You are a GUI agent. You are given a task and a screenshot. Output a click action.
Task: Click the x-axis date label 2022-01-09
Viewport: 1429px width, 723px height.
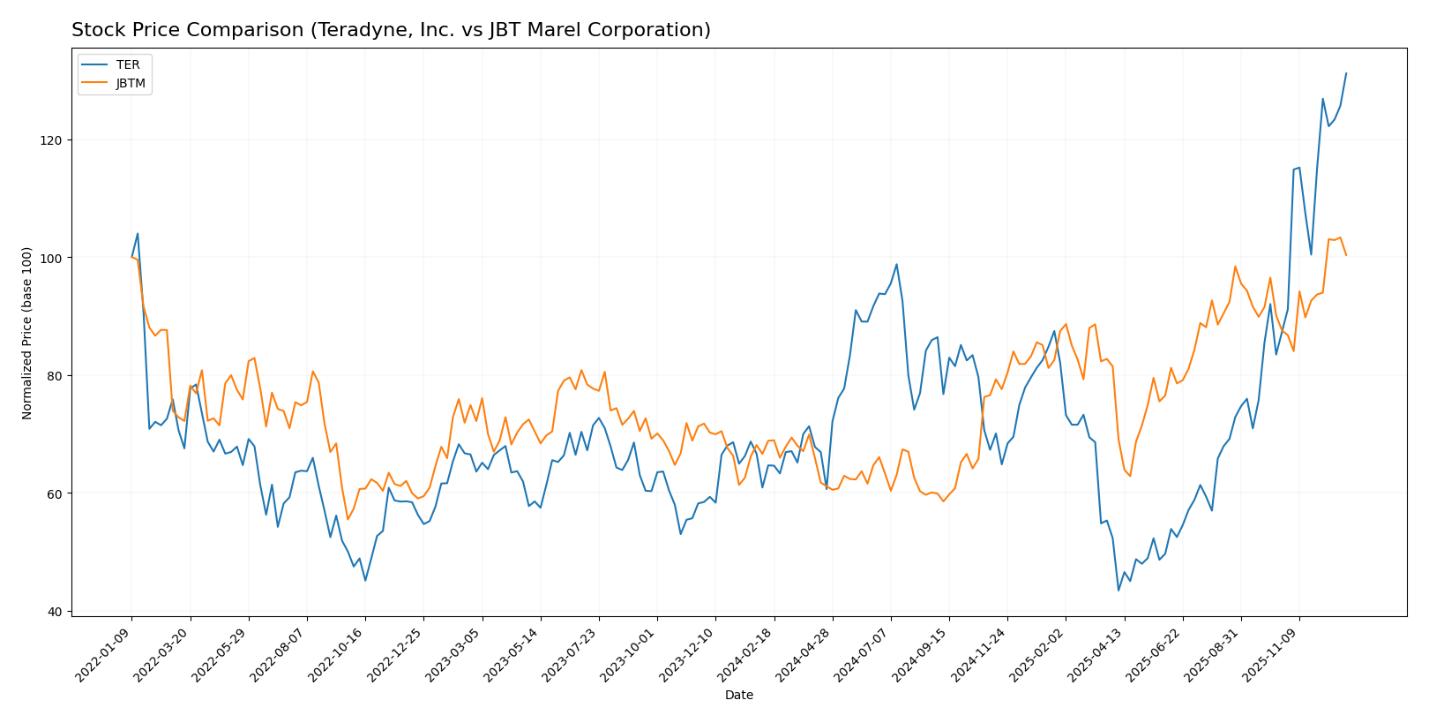click(x=104, y=653)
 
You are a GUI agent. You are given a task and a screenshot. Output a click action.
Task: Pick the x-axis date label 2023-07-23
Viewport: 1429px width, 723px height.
click(x=571, y=653)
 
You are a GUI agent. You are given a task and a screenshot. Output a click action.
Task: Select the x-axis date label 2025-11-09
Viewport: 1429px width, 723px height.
click(x=1271, y=653)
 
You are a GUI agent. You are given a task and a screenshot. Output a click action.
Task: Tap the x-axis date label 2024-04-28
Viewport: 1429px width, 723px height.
click(x=804, y=653)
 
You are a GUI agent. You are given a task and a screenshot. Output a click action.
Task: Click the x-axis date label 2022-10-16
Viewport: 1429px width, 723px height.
click(x=338, y=653)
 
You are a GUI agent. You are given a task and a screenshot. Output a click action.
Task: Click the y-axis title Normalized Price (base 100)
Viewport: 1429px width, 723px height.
click(x=27, y=333)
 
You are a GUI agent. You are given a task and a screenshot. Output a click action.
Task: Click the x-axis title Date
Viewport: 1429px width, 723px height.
click(x=738, y=696)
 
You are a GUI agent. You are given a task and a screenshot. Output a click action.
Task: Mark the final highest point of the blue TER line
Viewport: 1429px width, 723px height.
click(x=1346, y=73)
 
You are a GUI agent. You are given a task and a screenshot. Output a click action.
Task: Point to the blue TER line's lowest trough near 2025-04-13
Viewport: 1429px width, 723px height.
click(x=1119, y=590)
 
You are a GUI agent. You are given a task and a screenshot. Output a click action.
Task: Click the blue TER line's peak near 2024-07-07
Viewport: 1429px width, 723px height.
click(x=896, y=264)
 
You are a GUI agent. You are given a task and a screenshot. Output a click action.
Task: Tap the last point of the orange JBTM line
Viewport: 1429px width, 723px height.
click(x=1346, y=255)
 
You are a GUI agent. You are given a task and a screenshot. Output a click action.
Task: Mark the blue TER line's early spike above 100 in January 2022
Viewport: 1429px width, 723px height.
click(x=138, y=234)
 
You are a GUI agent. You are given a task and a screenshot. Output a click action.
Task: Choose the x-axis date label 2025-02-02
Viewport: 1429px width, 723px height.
click(x=1037, y=653)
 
